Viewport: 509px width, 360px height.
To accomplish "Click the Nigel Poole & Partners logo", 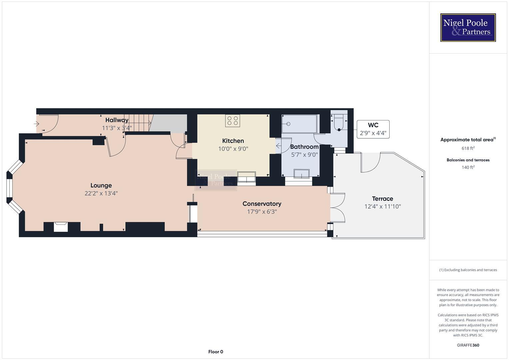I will (468, 27).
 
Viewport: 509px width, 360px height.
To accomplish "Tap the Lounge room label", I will (101, 186).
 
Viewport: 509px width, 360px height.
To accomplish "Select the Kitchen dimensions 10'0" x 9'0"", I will (233, 149).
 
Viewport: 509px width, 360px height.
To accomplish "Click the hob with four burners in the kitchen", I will (232, 121).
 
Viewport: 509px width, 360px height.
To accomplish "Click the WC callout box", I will (373, 129).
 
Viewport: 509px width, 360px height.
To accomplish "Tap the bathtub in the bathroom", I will (299, 124).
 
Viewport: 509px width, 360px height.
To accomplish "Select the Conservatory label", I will (262, 204).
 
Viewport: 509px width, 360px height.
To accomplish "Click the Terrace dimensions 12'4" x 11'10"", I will (382, 207).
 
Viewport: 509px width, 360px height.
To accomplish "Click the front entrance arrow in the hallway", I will (37, 124).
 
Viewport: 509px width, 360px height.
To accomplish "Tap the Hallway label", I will (117, 120).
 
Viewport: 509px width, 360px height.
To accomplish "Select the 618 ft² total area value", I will (468, 148).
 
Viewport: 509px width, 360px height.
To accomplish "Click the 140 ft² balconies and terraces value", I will (468, 167).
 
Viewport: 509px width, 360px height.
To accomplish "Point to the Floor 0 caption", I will (215, 352).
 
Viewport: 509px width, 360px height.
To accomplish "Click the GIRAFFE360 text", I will (468, 345).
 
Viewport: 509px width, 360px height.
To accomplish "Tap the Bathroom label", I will (304, 147).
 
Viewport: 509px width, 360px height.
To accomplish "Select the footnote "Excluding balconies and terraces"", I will (468, 270).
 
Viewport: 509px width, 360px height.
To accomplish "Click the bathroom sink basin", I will (301, 174).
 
